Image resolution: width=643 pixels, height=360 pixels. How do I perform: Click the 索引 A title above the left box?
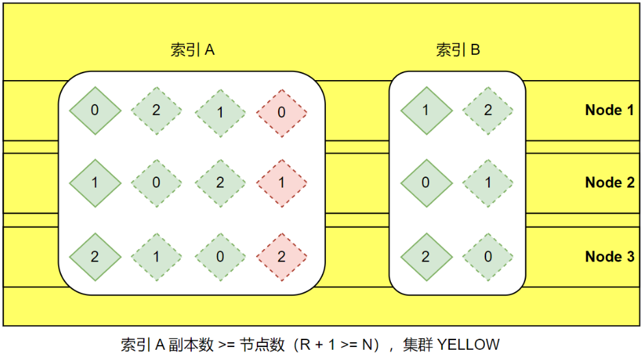pyautogui.click(x=192, y=50)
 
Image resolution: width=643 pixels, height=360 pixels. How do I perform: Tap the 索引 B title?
pyautogui.click(x=457, y=50)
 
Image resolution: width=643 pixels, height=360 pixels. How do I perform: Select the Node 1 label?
pyautogui.click(x=609, y=110)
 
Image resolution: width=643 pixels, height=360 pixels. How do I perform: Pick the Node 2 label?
pyautogui.click(x=609, y=183)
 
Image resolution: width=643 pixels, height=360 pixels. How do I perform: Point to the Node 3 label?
pyautogui.click(x=609, y=257)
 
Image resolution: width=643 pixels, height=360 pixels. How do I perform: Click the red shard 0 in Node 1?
pyautogui.click(x=281, y=110)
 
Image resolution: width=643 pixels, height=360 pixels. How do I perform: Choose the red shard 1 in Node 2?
pyautogui.click(x=281, y=183)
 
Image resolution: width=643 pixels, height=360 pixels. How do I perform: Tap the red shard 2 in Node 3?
pyautogui.click(x=281, y=257)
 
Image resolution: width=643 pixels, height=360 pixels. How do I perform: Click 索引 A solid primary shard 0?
pyautogui.click(x=94, y=110)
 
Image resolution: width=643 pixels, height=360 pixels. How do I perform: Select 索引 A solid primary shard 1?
pyautogui.click(x=94, y=183)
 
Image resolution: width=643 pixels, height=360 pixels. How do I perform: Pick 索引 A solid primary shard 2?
pyautogui.click(x=94, y=257)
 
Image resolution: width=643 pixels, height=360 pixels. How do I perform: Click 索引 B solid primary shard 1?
pyautogui.click(x=426, y=110)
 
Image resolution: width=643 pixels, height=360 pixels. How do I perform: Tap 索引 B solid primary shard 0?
pyautogui.click(x=426, y=183)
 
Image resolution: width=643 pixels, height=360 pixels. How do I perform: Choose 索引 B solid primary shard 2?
pyautogui.click(x=426, y=257)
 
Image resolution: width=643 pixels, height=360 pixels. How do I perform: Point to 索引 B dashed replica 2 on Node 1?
pyautogui.click(x=488, y=110)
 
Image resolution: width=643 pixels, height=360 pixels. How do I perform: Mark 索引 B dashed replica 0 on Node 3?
pyautogui.click(x=488, y=257)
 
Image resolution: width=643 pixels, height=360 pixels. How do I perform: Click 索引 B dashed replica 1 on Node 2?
pyautogui.click(x=488, y=183)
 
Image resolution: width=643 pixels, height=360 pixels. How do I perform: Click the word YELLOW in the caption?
pyautogui.click(x=468, y=344)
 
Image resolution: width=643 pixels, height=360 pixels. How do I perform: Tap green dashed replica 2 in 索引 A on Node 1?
pyautogui.click(x=156, y=110)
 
